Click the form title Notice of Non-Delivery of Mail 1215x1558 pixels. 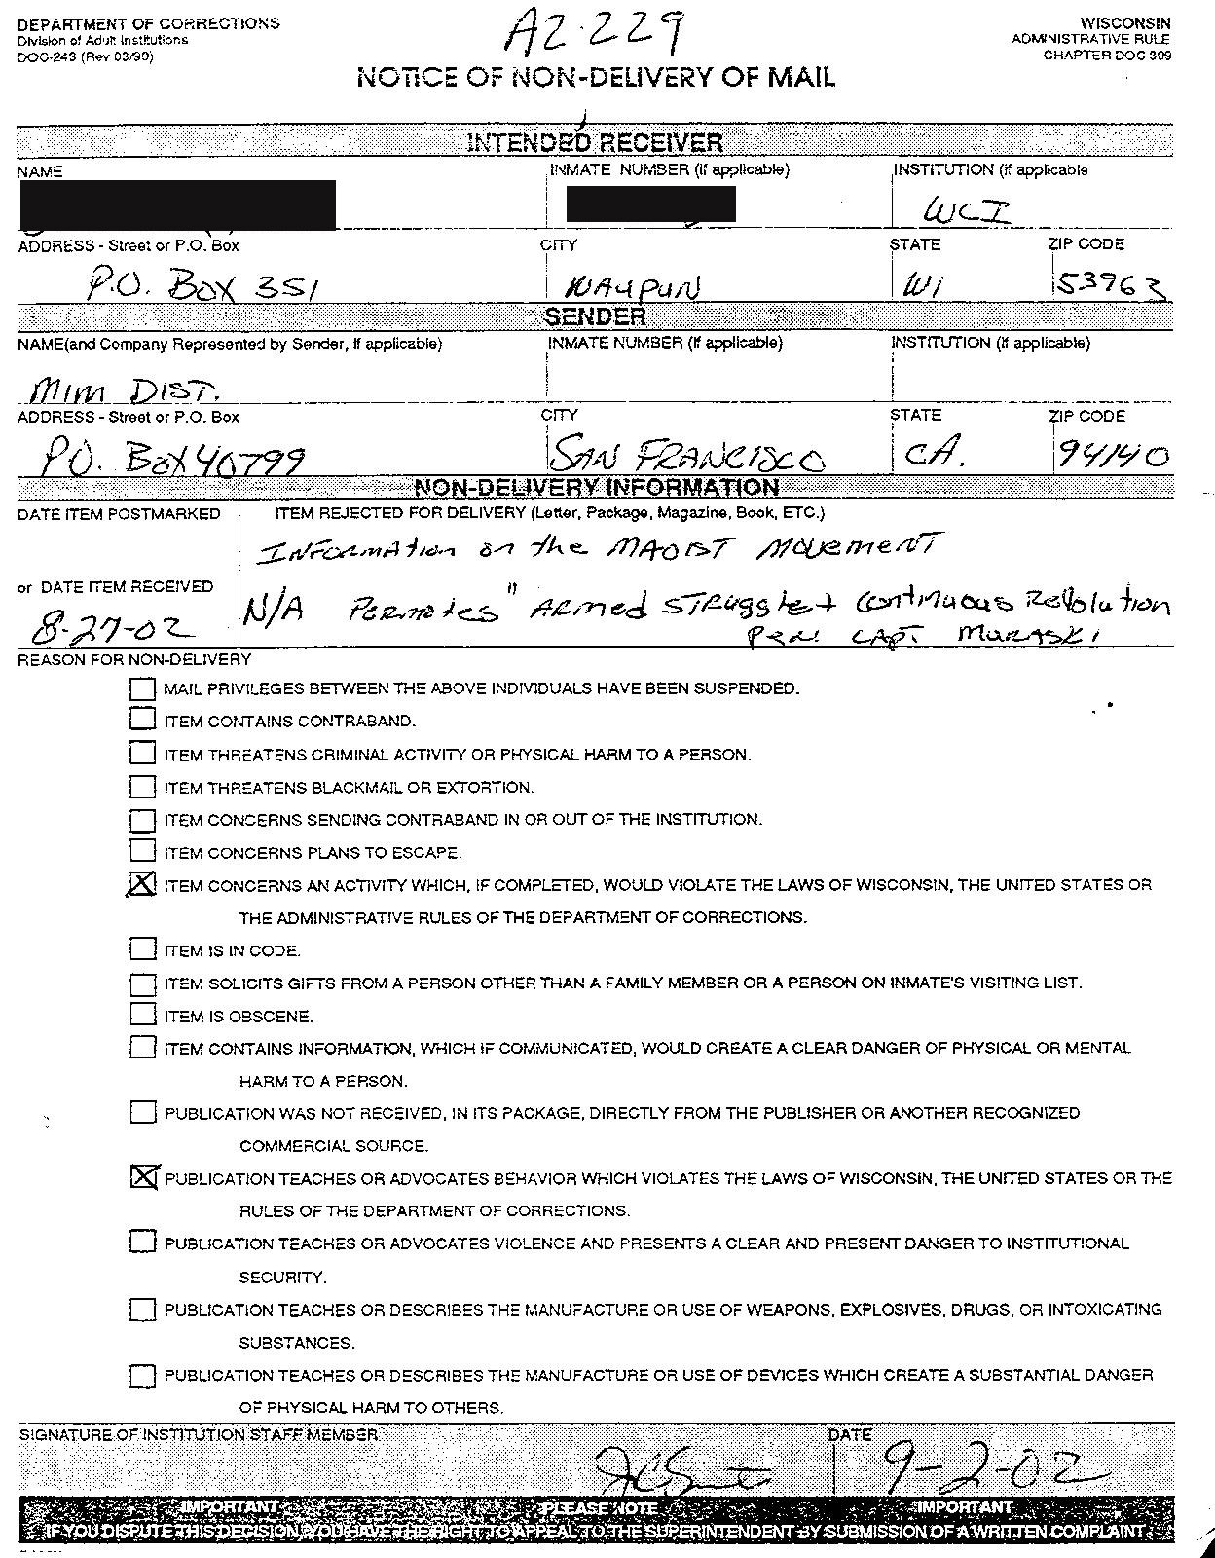596,78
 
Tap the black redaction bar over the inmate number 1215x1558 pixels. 650,204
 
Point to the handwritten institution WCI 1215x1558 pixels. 966,209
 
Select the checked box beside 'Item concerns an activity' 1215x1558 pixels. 142,884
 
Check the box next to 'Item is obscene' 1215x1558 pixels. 142,1015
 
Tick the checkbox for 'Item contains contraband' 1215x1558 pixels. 142,721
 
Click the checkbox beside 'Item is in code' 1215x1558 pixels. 142,949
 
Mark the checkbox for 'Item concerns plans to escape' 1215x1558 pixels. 142,852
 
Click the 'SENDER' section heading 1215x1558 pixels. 595,316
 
